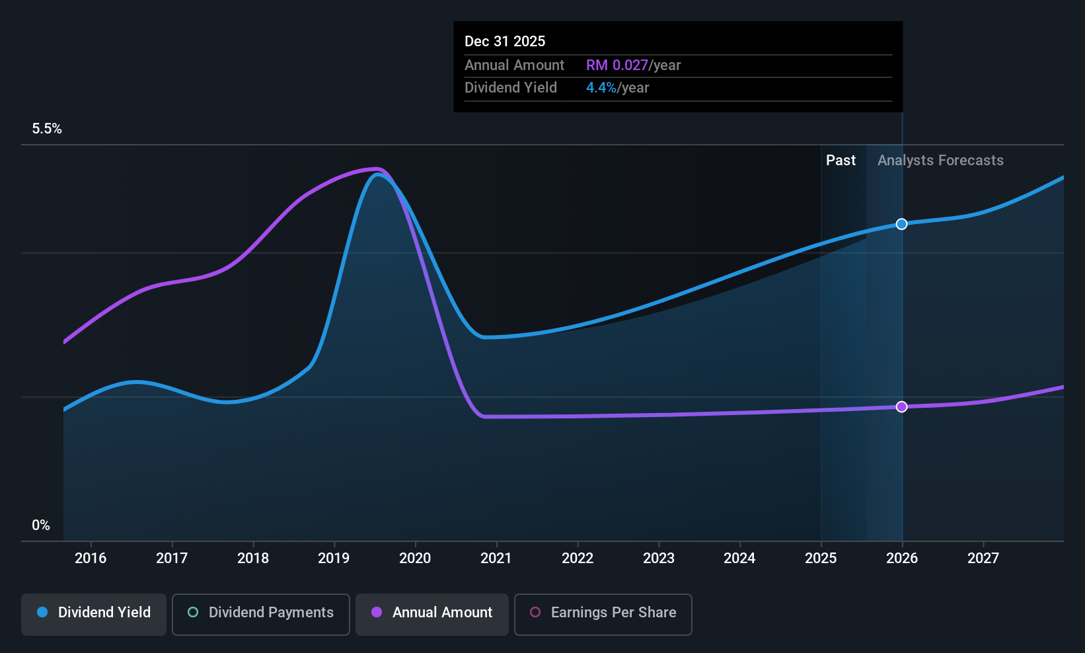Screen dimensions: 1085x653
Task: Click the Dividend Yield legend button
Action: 93,614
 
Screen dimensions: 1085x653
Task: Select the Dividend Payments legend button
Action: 260,614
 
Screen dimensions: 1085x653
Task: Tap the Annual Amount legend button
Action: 432,614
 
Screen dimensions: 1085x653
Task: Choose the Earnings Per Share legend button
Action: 603,614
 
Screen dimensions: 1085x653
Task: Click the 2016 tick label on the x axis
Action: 91,558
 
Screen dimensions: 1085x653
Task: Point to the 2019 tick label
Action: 334,558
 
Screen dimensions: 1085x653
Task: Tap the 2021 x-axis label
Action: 496,558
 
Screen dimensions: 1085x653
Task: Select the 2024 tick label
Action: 739,558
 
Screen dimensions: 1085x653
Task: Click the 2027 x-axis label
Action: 983,558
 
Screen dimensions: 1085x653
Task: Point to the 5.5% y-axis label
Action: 47,129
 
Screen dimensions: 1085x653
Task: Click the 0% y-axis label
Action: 41,525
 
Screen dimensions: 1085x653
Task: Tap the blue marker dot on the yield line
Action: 901,224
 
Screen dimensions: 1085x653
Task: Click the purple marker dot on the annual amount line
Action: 901,406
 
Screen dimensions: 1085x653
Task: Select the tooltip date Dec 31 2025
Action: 505,42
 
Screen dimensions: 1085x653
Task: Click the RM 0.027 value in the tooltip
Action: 617,65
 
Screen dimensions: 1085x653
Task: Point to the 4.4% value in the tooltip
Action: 601,88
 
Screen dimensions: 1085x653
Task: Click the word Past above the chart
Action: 841,161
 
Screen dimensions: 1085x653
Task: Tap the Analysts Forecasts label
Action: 941,161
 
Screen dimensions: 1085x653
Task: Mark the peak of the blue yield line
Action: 378,174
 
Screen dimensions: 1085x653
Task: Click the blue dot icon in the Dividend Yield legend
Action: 43,612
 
